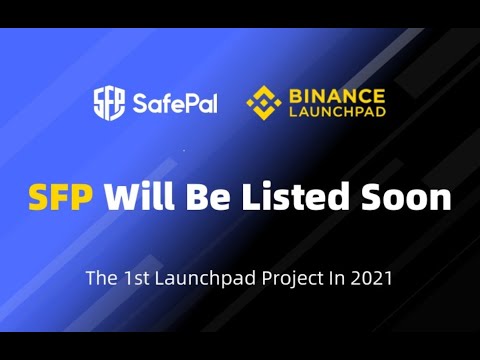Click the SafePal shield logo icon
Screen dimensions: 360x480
pos(110,103)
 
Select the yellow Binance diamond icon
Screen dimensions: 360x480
pos(264,102)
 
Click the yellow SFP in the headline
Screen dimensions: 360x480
pos(61,197)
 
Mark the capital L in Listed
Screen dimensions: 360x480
pos(248,197)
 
